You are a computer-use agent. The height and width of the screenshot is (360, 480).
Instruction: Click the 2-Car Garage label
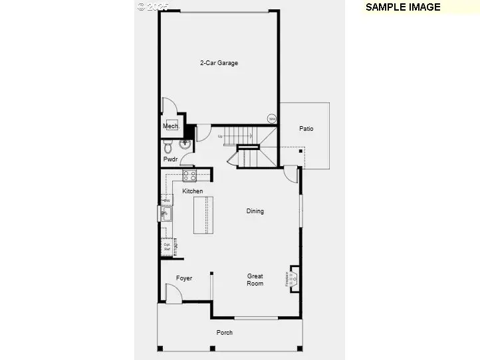(219, 64)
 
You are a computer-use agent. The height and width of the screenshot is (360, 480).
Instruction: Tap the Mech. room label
(170, 126)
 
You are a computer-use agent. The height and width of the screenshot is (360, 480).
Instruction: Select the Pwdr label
(170, 159)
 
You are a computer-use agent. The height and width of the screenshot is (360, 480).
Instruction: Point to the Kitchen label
(193, 191)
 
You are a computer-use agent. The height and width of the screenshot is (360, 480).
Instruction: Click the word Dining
(255, 211)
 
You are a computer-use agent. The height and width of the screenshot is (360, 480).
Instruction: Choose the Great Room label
(255, 280)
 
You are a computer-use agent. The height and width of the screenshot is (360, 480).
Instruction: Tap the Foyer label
(184, 278)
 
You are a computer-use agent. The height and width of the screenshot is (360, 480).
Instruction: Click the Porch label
(225, 332)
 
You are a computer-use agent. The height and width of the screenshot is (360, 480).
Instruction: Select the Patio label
(306, 129)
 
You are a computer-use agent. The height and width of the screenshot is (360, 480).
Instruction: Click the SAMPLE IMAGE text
(403, 7)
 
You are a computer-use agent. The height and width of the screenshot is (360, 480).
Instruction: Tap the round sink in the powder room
(185, 143)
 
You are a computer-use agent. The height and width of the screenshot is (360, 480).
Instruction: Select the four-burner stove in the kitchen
(189, 176)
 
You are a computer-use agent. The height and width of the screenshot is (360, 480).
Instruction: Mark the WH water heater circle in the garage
(272, 119)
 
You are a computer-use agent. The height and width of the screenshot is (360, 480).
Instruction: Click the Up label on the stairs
(220, 137)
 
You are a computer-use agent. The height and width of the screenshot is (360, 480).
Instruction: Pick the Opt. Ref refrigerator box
(168, 246)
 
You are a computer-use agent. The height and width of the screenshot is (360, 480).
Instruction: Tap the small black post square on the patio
(300, 151)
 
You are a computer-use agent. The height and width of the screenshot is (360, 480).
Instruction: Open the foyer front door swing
(172, 293)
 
